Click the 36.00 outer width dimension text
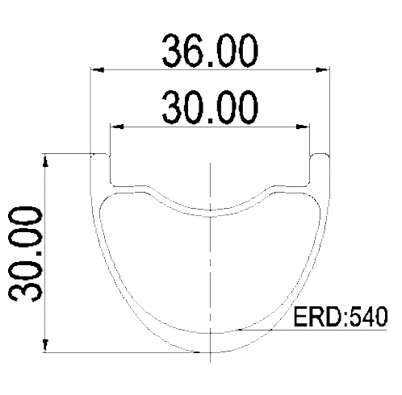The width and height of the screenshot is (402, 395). [210, 51]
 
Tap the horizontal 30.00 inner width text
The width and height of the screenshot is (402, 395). [210, 107]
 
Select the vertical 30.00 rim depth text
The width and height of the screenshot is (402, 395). [26, 254]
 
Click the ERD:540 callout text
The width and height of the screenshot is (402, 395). [341, 317]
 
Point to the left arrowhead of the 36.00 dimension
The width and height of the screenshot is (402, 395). [98, 70]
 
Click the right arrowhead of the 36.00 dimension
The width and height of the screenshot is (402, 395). [323, 70]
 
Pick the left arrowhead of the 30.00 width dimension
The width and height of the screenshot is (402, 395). [117, 127]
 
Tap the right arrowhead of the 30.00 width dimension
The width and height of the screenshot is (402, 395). [303, 127]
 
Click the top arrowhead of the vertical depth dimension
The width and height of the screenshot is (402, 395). [46, 160]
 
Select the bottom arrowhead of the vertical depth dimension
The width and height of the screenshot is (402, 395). [46, 346]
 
